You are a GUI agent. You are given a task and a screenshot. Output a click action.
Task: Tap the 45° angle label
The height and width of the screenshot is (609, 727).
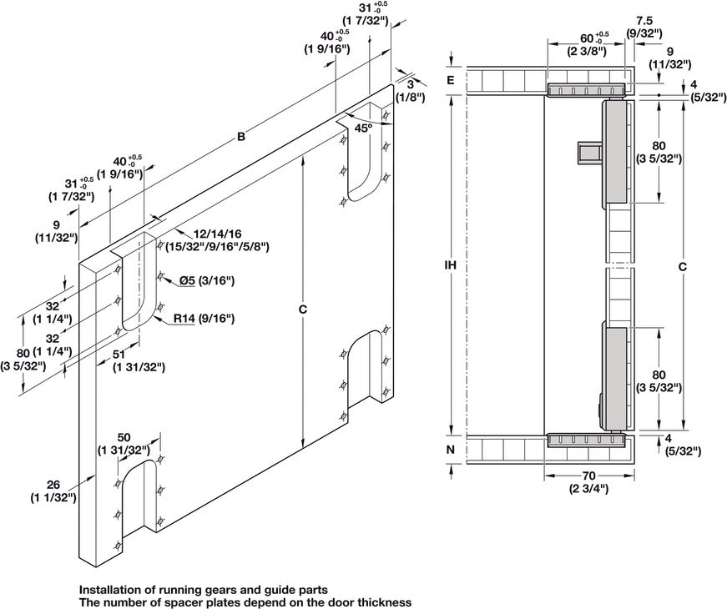pos(363,128)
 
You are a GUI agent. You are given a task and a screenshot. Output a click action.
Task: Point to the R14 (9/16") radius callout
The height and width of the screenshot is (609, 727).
pos(204,318)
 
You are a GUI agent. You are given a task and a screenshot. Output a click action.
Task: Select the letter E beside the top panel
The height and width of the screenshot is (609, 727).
pos(450,80)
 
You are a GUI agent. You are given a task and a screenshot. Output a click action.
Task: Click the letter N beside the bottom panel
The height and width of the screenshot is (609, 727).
pos(450,449)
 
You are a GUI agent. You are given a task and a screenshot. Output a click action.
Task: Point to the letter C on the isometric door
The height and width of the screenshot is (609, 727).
pos(303,310)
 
